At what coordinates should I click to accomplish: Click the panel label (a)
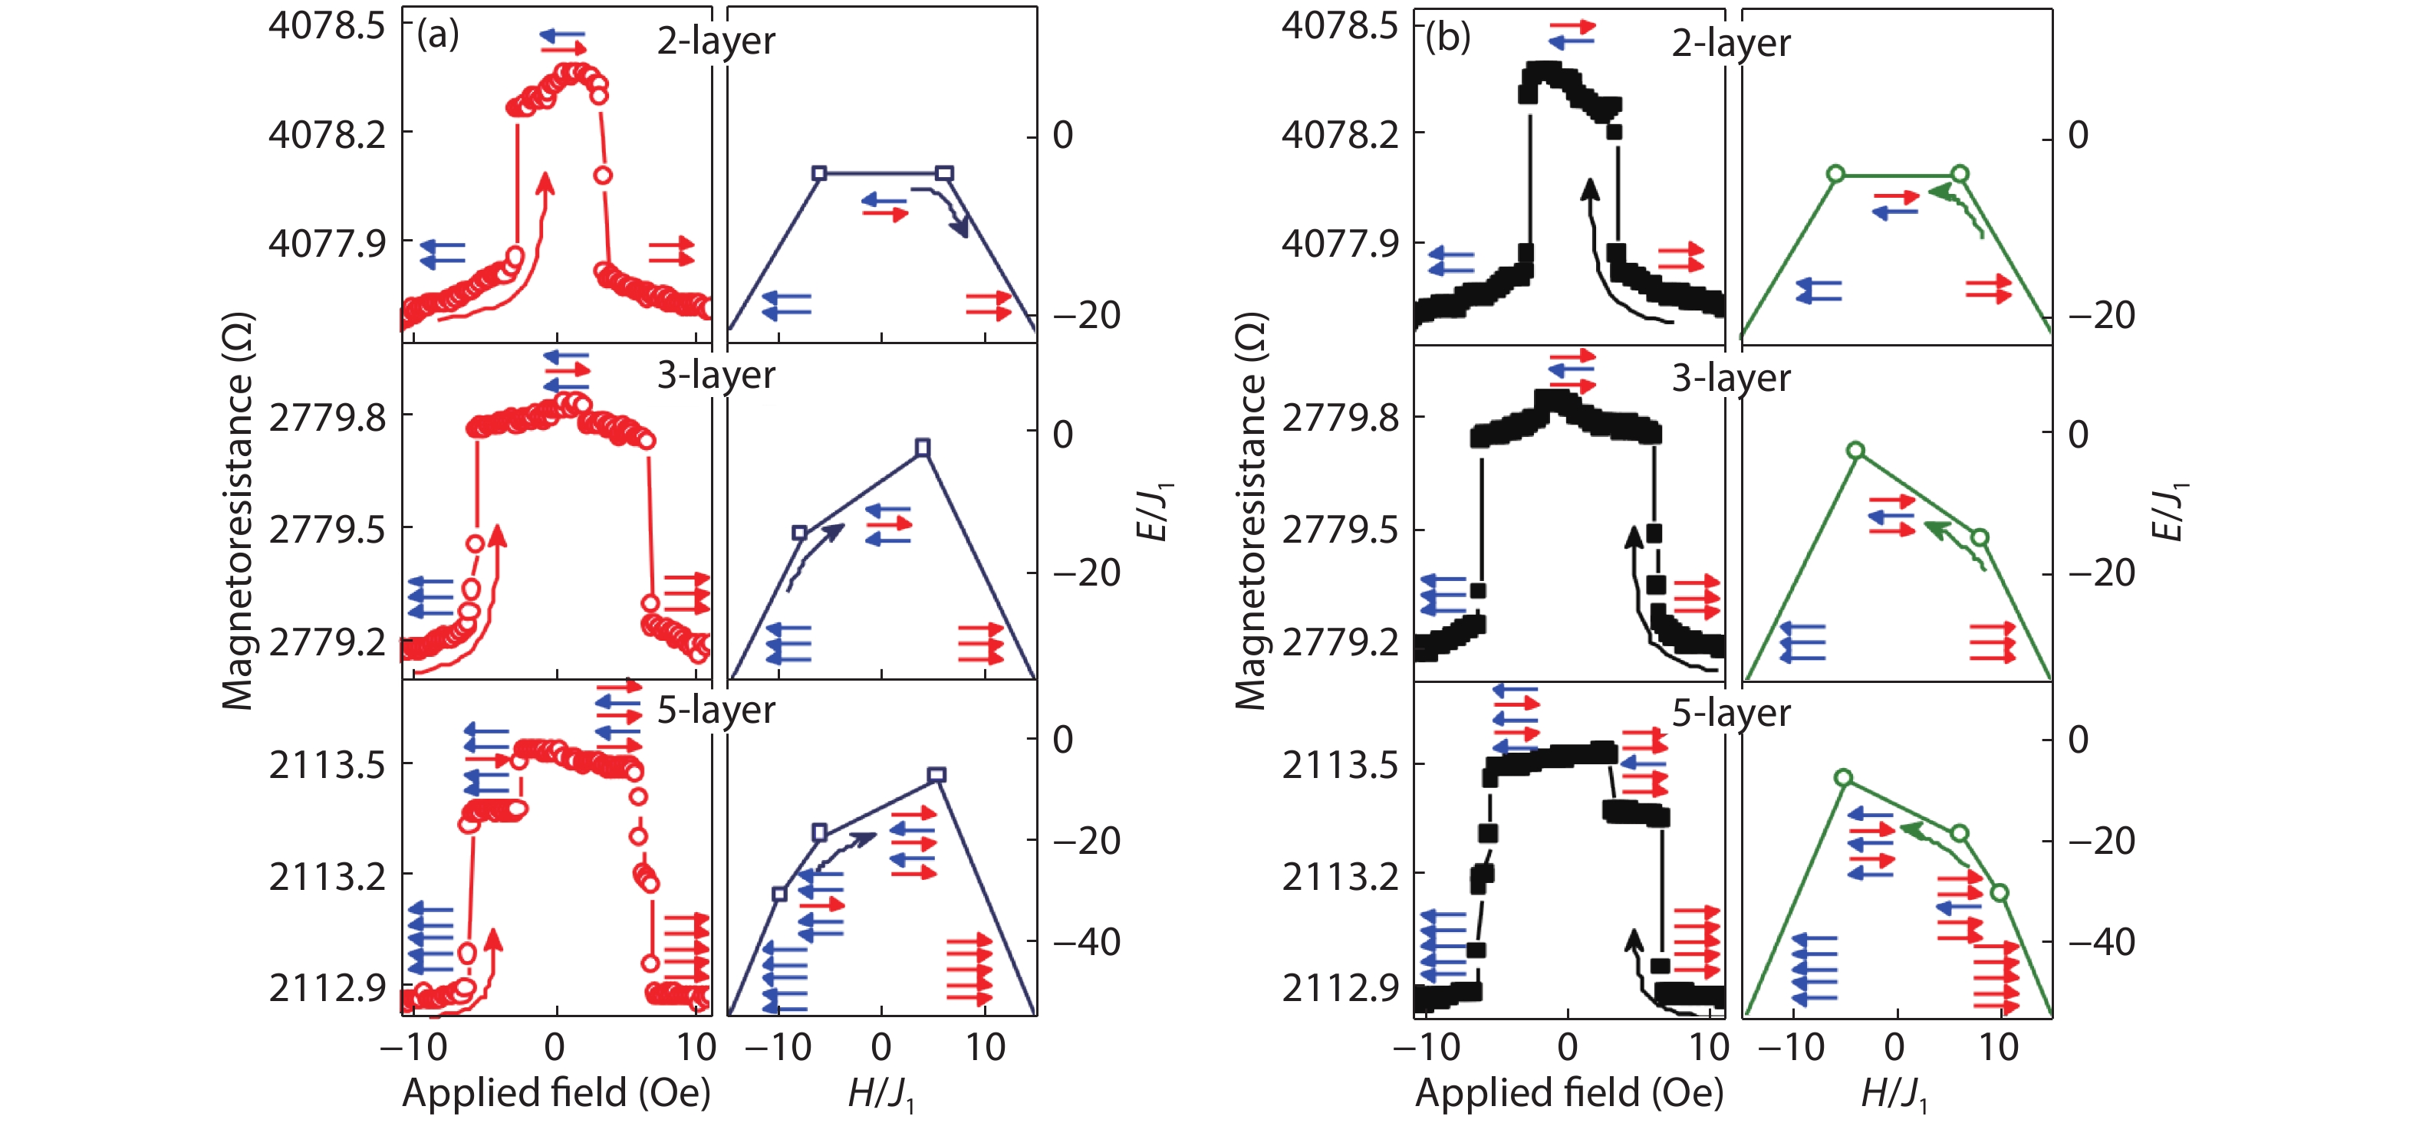[438, 35]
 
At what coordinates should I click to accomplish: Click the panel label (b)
[1448, 38]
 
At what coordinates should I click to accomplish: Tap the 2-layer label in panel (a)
[716, 41]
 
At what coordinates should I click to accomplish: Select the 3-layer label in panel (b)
[1730, 378]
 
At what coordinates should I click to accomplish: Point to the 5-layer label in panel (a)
[716, 710]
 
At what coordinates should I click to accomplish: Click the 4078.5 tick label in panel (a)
[327, 25]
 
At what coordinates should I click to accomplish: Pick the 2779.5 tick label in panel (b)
[1339, 530]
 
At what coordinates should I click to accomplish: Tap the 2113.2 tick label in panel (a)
[327, 877]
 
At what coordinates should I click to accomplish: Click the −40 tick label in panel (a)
[1086, 941]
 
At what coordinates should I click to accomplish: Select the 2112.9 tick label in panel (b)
[1339, 987]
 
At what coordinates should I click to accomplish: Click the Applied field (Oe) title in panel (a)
[556, 1093]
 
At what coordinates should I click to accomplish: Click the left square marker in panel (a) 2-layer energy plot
[819, 173]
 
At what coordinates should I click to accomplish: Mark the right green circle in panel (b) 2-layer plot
[1959, 173]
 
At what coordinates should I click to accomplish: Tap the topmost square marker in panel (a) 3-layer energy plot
[923, 447]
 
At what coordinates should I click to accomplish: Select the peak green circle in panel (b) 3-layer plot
[1855, 451]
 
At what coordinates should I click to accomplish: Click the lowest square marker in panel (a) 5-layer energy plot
[778, 894]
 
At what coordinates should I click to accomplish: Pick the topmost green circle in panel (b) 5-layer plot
[1843, 777]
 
